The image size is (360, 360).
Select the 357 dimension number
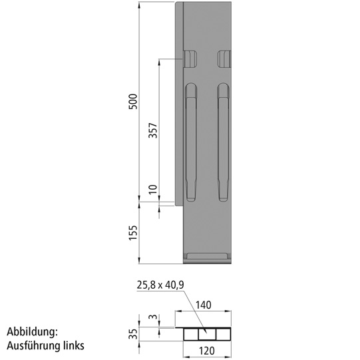(x=152, y=130)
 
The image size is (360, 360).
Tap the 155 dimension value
(x=132, y=233)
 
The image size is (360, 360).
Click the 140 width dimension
(x=204, y=305)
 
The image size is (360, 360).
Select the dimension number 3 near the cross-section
(x=152, y=318)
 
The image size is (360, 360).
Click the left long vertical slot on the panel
(x=191, y=143)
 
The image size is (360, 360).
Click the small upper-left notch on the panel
(x=190, y=59)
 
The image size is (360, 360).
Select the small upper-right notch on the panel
(x=224, y=59)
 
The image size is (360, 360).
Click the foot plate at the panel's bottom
(x=206, y=256)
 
